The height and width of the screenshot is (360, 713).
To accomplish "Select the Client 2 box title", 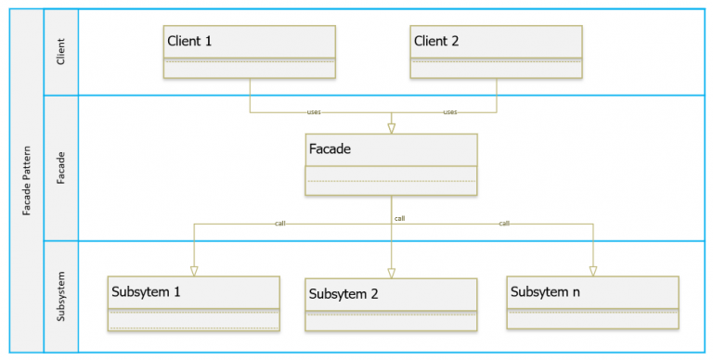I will (x=436, y=41).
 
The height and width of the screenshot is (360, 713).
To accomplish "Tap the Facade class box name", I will (x=329, y=148).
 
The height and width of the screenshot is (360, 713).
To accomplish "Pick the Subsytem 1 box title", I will (x=146, y=291).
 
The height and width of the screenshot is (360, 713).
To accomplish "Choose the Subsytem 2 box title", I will (x=344, y=294).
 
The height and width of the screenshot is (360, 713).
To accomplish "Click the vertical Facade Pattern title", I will (x=27, y=180).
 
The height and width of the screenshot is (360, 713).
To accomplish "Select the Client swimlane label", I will (x=61, y=51).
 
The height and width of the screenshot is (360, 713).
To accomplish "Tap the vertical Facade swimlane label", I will (x=61, y=167).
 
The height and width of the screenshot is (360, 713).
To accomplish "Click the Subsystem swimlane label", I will (x=61, y=295).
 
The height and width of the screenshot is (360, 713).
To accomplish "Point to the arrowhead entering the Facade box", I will (x=391, y=127).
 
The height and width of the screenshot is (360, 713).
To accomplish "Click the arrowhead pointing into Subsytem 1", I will (x=194, y=270).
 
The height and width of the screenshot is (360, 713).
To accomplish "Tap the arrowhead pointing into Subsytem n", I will (x=592, y=270).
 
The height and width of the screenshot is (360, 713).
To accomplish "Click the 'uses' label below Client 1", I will (x=315, y=112).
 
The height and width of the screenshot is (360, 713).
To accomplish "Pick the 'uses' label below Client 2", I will (x=450, y=112).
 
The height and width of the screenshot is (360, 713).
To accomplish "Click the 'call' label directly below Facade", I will (x=399, y=218).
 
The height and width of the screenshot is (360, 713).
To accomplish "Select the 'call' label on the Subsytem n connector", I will (x=504, y=224).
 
